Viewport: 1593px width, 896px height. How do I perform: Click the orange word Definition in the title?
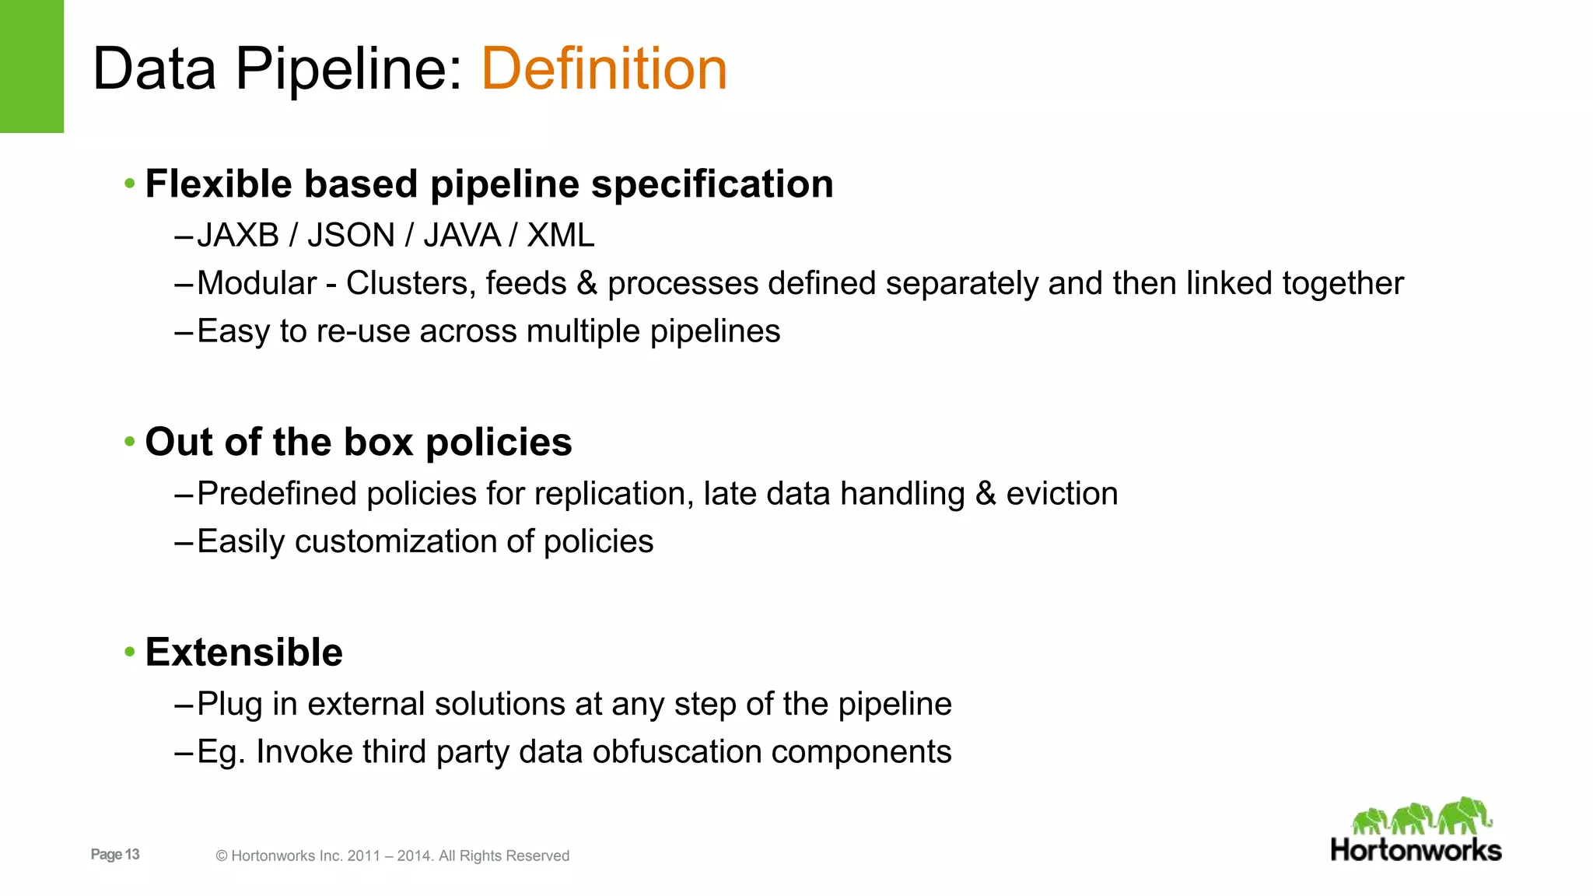click(x=604, y=68)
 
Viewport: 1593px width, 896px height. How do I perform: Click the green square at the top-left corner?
click(x=31, y=66)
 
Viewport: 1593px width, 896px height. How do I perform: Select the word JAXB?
click(x=238, y=236)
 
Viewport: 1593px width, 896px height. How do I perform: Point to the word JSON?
click(x=351, y=236)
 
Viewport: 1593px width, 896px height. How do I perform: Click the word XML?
click(x=561, y=236)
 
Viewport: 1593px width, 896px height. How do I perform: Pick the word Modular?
click(x=257, y=284)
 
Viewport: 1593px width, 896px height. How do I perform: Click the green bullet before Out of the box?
click(x=130, y=442)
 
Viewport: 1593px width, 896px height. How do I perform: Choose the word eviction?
click(x=1062, y=494)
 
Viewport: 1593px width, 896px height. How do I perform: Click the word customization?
click(x=396, y=542)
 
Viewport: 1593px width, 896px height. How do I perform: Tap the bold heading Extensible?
click(x=243, y=652)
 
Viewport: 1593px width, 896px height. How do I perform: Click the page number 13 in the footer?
click(x=131, y=854)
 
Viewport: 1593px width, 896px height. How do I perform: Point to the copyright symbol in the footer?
click(x=222, y=856)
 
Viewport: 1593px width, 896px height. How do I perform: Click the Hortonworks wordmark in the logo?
click(x=1416, y=850)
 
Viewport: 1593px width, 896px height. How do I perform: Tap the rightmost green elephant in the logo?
click(x=1465, y=815)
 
